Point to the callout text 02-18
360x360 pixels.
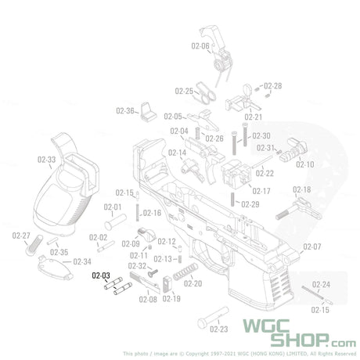click(302, 190)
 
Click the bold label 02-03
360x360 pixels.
click(102, 275)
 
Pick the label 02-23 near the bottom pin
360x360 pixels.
click(218, 329)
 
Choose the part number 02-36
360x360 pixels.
click(125, 110)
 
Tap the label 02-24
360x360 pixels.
click(321, 284)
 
